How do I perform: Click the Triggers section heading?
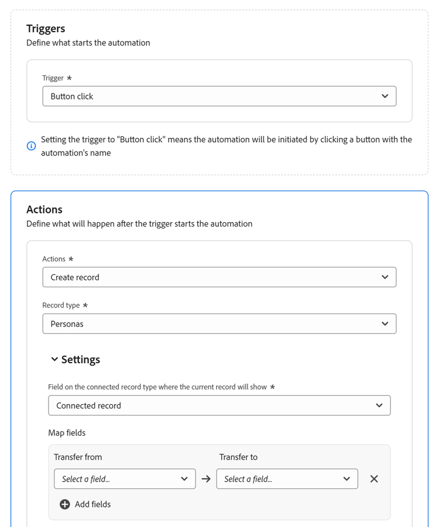46,29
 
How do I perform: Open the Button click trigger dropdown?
219,97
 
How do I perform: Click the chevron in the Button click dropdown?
385,97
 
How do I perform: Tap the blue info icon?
32,146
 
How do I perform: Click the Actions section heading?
44,209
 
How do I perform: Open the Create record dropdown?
219,277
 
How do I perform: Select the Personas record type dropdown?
219,324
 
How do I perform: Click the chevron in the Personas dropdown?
385,324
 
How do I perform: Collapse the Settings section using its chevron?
54,359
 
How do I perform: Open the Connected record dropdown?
219,405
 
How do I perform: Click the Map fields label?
67,433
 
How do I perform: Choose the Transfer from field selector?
125,479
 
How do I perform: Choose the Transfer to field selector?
287,479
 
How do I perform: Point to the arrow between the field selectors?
206,479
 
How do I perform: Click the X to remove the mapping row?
374,479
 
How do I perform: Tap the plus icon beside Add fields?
65,504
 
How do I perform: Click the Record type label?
61,305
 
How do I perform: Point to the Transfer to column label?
238,457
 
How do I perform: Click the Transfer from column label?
78,457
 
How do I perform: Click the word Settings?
81,360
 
